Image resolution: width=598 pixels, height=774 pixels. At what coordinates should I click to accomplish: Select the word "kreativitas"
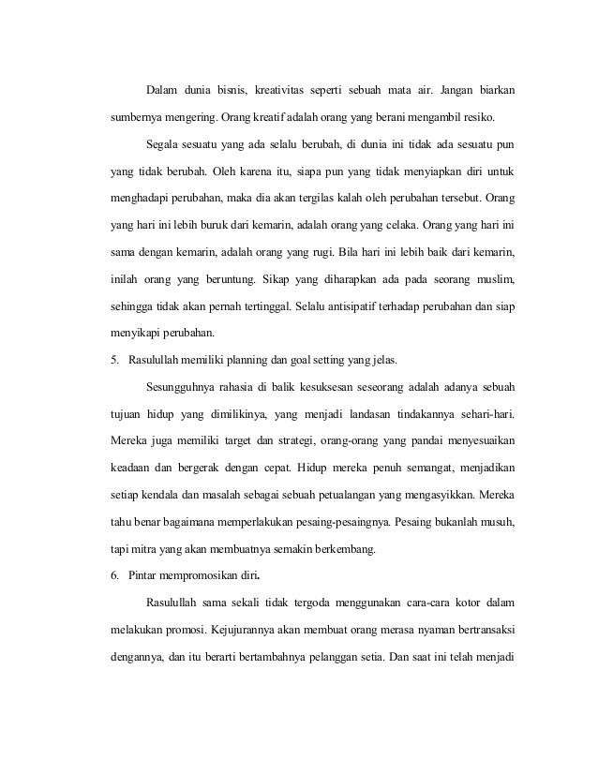tap(306, 91)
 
